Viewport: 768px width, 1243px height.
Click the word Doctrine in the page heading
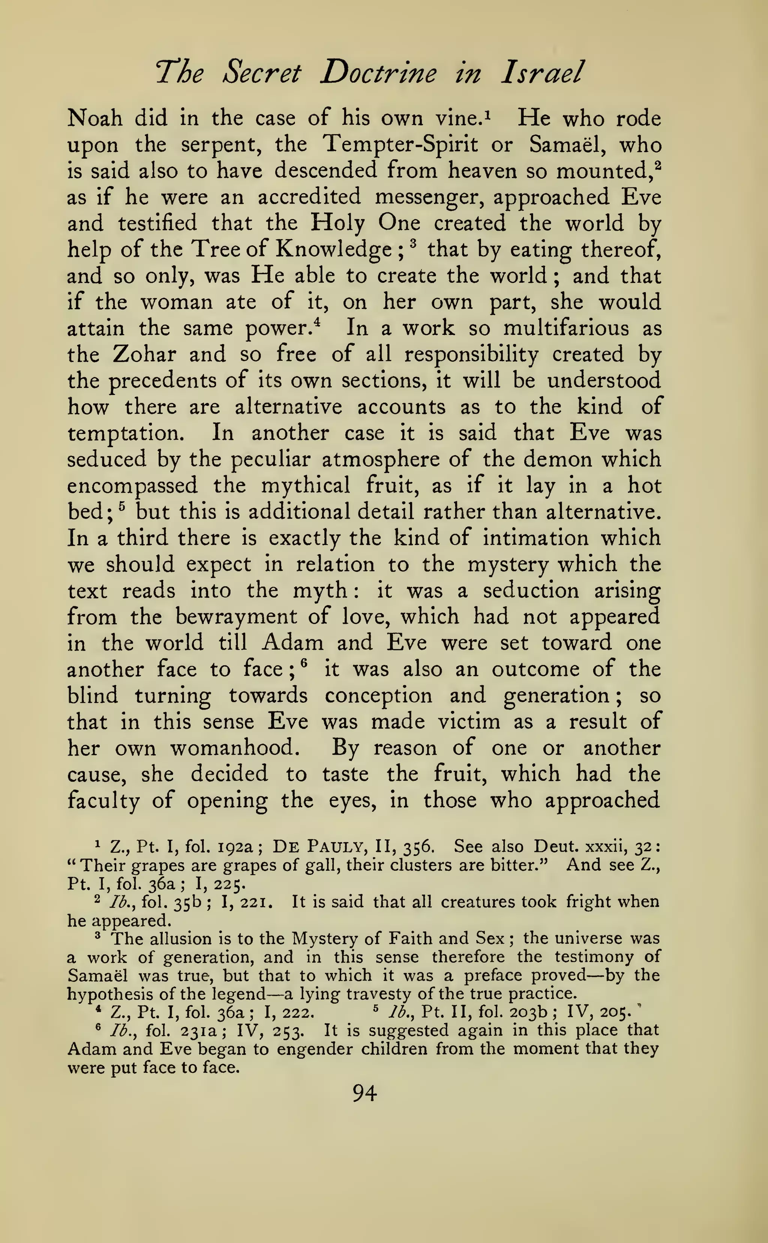point(378,73)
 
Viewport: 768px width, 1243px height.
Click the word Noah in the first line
point(95,118)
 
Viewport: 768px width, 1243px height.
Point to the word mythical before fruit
point(305,486)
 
